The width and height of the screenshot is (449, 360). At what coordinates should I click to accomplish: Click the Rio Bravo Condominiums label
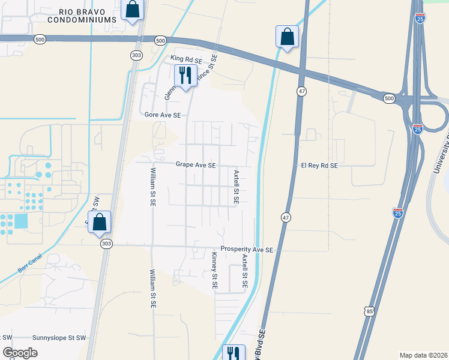click(x=88, y=16)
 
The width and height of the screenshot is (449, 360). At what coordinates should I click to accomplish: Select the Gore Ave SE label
click(x=163, y=114)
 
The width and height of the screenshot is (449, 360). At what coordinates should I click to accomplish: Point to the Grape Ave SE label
click(x=196, y=164)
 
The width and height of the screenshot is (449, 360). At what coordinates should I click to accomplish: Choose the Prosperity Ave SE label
click(x=247, y=249)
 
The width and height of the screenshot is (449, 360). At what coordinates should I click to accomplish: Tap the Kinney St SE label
click(x=214, y=271)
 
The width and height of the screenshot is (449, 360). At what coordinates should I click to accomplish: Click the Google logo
click(x=20, y=353)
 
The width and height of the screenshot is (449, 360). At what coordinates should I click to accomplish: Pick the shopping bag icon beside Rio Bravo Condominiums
click(x=133, y=10)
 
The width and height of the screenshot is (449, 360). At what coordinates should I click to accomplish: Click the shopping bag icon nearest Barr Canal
click(x=100, y=223)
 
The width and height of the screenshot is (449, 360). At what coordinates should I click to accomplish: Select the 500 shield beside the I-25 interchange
click(x=389, y=98)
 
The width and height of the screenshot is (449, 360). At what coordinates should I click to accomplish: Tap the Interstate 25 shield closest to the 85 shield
click(x=397, y=212)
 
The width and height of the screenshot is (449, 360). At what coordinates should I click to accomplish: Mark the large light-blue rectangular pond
click(x=20, y=221)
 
